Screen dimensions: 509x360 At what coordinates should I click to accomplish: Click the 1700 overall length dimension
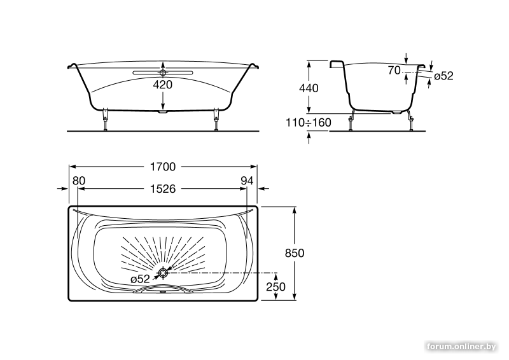click(x=163, y=167)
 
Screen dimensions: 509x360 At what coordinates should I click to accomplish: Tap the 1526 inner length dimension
click(x=163, y=189)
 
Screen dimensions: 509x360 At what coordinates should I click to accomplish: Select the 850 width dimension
click(x=295, y=253)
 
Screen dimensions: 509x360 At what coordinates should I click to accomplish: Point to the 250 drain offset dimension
click(x=275, y=287)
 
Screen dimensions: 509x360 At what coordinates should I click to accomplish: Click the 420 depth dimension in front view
click(x=163, y=85)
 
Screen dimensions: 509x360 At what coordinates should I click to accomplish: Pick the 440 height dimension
click(x=309, y=88)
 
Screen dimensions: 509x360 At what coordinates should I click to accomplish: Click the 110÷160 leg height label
click(x=309, y=122)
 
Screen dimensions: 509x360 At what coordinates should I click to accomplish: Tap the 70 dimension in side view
click(x=394, y=70)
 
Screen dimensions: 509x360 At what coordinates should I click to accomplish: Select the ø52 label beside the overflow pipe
click(x=443, y=76)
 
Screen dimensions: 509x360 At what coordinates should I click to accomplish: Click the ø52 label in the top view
click(x=140, y=279)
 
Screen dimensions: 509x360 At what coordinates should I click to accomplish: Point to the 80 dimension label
click(x=78, y=181)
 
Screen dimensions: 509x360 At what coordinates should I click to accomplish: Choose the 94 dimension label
click(x=247, y=181)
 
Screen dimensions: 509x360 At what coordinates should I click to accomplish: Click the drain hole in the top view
click(x=163, y=273)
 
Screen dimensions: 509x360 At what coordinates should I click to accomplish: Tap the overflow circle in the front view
click(x=163, y=73)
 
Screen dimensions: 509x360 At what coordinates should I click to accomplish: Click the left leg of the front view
click(x=105, y=120)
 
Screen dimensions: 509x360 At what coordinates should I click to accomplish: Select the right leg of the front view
click(x=216, y=120)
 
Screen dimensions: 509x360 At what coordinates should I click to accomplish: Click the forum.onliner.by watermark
click(x=461, y=347)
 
